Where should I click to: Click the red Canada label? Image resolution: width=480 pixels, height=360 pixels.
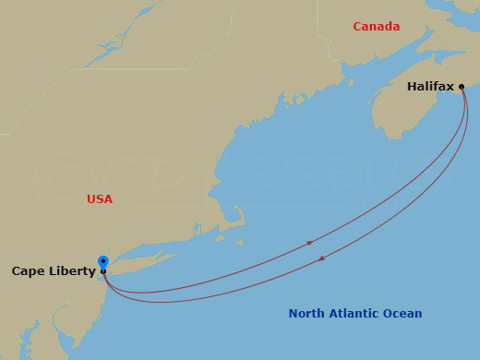tap(377, 27)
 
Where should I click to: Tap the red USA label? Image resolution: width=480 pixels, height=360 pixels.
tap(100, 199)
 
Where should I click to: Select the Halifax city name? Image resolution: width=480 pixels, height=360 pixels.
tap(430, 87)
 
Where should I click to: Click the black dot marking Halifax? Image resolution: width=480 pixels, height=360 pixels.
tap(462, 87)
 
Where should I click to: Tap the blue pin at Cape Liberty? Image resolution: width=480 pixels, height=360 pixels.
tap(102, 262)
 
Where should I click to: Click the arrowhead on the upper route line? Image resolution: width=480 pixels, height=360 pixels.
tap(310, 243)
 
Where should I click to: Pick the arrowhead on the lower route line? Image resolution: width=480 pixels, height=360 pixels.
tap(321, 258)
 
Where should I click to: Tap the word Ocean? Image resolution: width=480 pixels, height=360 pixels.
tap(402, 314)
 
